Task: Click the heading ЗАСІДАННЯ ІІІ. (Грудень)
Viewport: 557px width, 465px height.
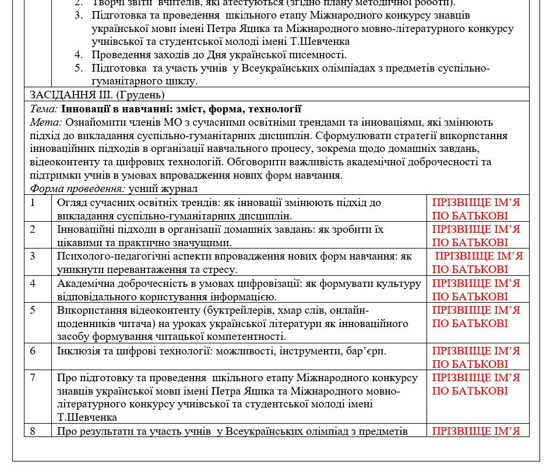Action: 97,94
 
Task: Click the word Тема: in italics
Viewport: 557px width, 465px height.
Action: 44,108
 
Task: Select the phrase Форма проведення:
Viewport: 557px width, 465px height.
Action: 77,189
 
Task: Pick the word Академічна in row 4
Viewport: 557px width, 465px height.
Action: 85,283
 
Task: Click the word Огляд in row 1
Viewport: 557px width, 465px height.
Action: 71,203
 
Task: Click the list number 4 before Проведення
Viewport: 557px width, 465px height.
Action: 79,55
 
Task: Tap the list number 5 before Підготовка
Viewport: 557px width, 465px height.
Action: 79,68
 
